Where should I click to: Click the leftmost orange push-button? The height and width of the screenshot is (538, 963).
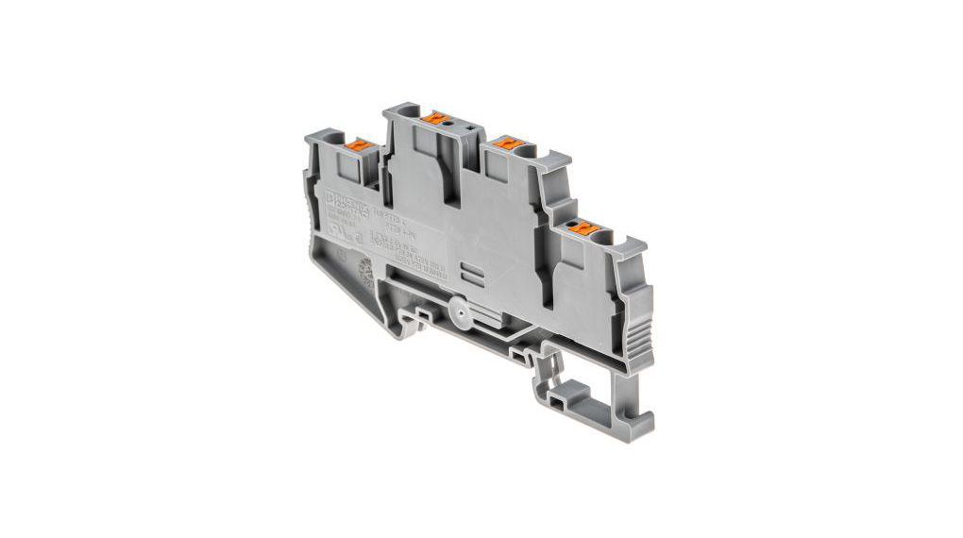point(360,145)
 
